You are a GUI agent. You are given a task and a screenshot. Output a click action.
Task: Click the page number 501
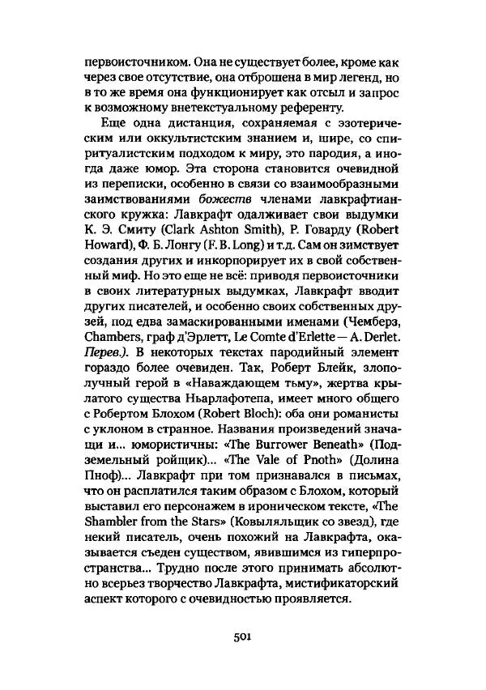[244, 636]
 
